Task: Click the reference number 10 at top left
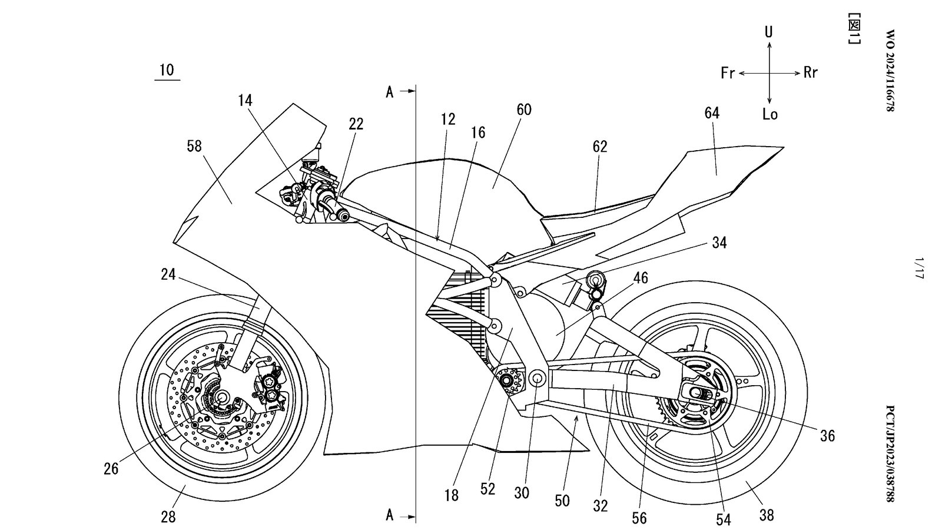[x=167, y=70]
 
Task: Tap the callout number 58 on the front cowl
[x=194, y=146]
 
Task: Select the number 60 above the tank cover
[x=524, y=110]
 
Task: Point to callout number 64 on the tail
[x=712, y=112]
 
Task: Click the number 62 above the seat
[x=600, y=146]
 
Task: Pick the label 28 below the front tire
[x=168, y=517]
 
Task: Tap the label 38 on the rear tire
[x=766, y=515]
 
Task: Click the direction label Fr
[x=728, y=73]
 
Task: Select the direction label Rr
[x=811, y=73]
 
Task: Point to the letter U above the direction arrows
[x=769, y=32]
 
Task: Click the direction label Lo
[x=769, y=114]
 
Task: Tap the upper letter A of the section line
[x=390, y=92]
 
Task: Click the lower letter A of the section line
[x=390, y=515]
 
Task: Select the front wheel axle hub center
[x=223, y=397]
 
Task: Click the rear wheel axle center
[x=696, y=393]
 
